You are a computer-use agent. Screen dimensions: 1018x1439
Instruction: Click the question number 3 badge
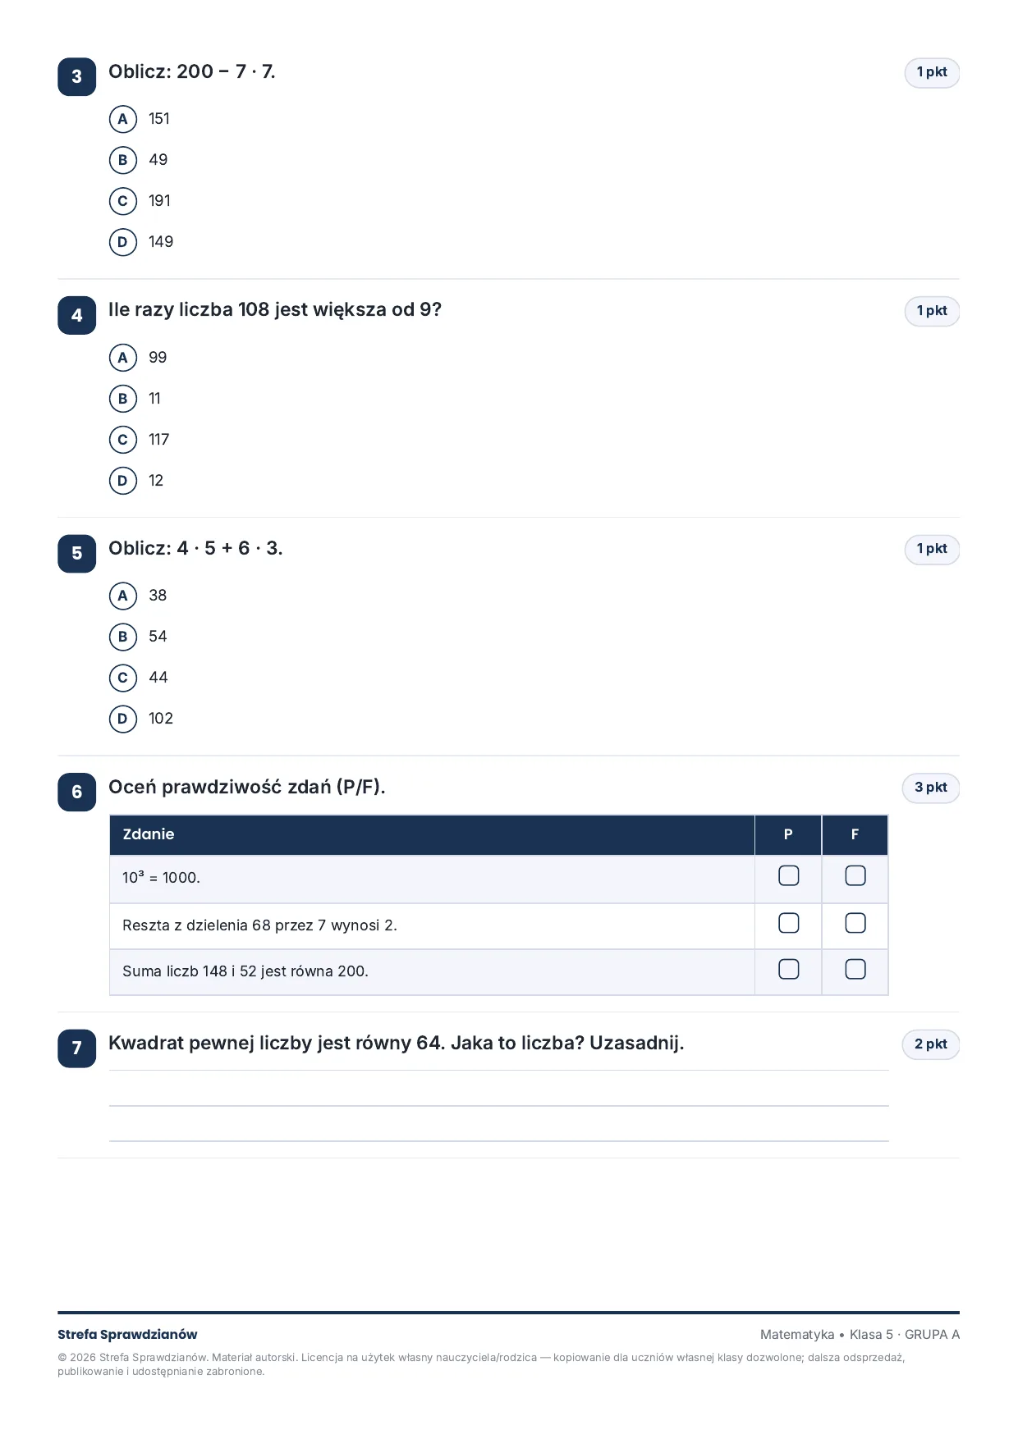click(76, 76)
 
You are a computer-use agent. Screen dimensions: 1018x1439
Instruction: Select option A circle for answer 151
click(122, 119)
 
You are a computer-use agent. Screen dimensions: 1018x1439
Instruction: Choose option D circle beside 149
click(122, 242)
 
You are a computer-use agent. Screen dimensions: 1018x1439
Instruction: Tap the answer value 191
click(159, 201)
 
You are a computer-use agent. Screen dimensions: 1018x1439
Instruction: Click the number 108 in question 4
click(254, 310)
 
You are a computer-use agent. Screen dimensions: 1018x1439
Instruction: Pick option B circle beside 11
click(122, 399)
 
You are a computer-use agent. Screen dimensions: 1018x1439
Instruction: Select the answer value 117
click(158, 440)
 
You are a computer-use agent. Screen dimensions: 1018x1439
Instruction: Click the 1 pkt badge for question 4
click(932, 311)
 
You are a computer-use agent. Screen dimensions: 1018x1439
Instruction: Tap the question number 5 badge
click(76, 553)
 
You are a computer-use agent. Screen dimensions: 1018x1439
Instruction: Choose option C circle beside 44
click(122, 678)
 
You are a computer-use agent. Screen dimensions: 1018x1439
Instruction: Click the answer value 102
click(161, 719)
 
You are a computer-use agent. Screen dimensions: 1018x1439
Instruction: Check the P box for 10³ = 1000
click(788, 876)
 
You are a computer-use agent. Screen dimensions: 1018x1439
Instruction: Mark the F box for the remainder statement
click(855, 924)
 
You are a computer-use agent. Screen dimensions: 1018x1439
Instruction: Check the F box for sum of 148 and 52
click(855, 970)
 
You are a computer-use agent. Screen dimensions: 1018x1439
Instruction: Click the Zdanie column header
click(149, 834)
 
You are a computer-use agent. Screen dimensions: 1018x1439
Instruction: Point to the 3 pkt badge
click(931, 788)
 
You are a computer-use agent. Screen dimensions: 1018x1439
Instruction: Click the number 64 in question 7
click(429, 1044)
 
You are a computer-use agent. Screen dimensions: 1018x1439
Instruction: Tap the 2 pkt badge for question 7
click(931, 1044)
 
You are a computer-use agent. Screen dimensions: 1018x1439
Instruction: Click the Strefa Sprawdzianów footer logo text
click(127, 1335)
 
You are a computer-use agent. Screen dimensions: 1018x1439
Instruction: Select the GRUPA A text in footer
click(932, 1335)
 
